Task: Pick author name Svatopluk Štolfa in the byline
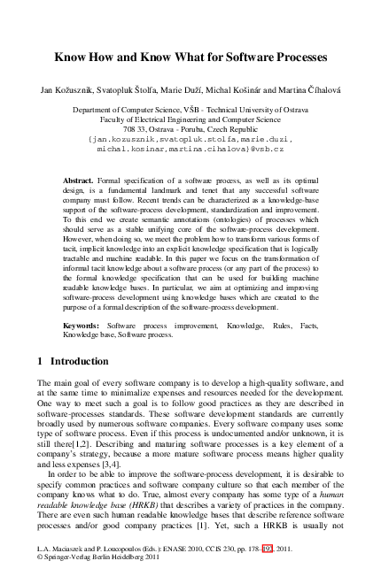coord(128,91)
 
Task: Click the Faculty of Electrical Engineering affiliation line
coord(190,118)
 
